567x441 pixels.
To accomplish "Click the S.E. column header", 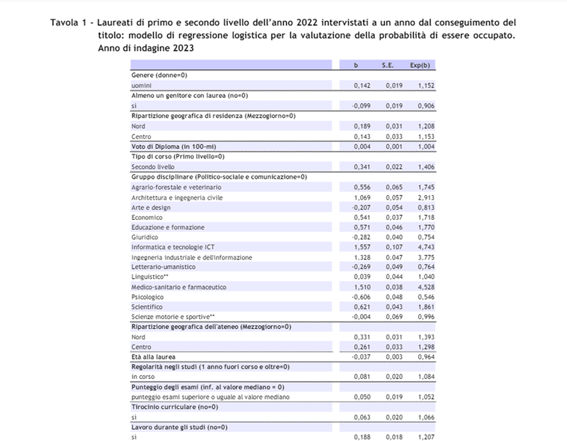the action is click(x=388, y=65).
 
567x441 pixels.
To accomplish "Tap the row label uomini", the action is click(x=142, y=86).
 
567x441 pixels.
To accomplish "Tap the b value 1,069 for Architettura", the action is click(x=362, y=197).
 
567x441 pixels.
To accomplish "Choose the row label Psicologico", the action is click(x=147, y=297).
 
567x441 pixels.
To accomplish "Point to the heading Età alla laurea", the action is click(x=154, y=357).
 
